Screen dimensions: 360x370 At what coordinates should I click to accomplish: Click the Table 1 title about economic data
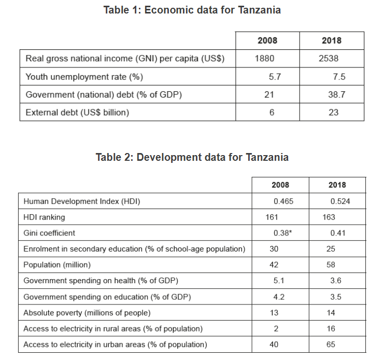192,10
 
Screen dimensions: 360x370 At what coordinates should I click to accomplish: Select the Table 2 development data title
192,157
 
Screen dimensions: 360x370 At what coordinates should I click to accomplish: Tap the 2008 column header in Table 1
267,40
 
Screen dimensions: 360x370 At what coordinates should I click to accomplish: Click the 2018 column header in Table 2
337,185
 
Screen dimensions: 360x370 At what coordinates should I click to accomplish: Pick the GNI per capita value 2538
329,59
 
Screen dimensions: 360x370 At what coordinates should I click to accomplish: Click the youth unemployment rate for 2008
275,77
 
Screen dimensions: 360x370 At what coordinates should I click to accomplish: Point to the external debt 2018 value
333,112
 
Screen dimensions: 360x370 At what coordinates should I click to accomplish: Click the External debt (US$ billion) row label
77,112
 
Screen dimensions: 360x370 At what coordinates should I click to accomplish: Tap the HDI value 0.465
283,201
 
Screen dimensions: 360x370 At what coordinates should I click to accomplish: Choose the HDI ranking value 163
329,217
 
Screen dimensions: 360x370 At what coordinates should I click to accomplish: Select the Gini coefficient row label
49,233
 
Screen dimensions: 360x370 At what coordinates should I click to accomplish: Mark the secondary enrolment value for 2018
331,249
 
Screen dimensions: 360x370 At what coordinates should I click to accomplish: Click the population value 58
331,265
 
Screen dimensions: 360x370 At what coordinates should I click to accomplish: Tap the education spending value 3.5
336,297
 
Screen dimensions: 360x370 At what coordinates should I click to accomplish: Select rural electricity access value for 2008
276,328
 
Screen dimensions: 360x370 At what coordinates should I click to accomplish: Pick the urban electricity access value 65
331,344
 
